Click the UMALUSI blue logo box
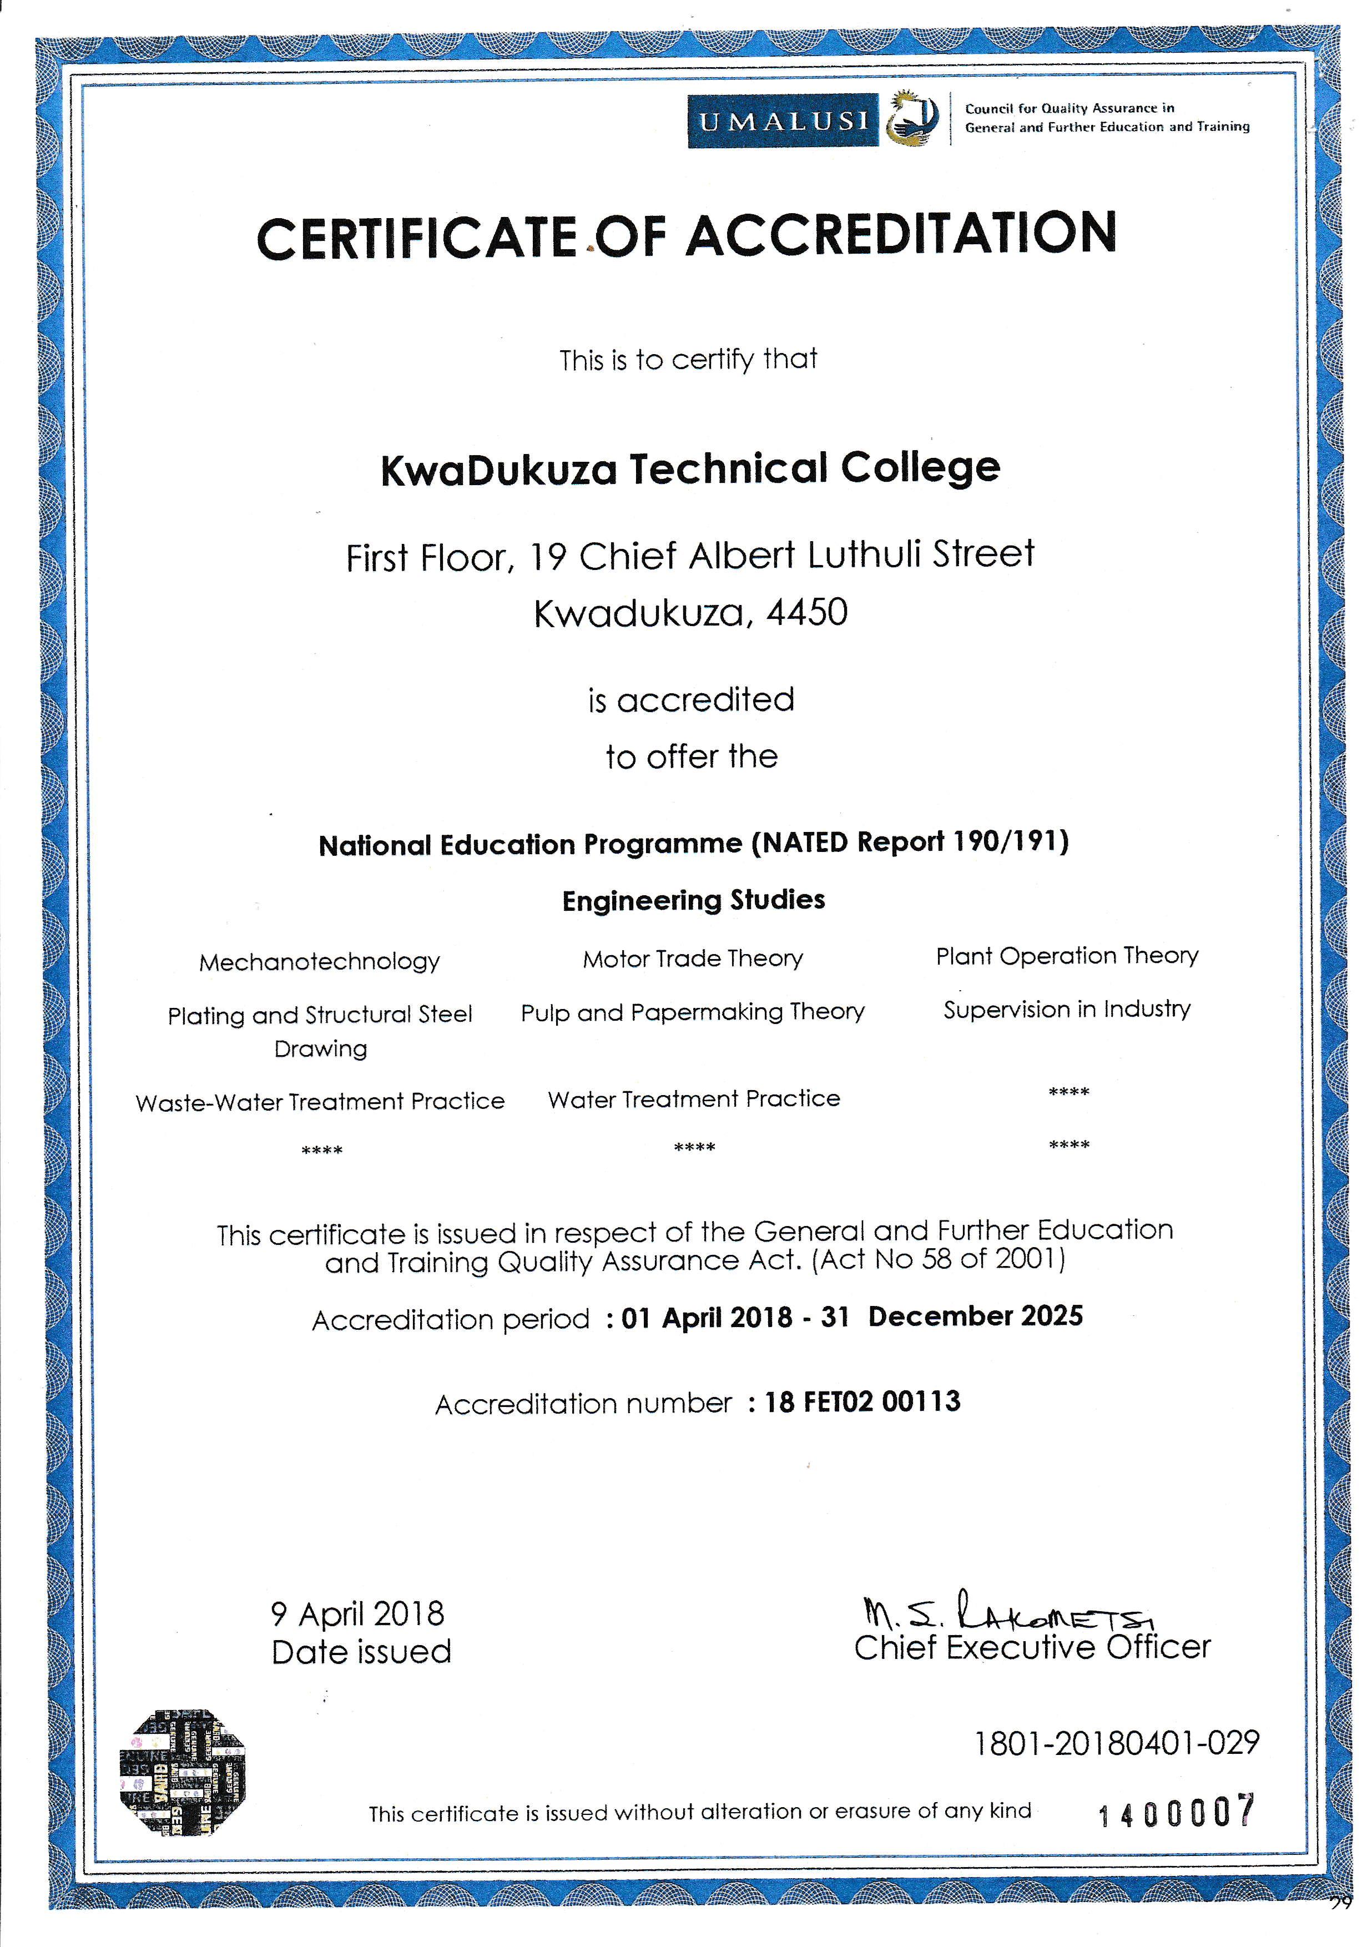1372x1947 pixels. point(783,121)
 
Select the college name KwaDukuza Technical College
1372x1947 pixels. point(690,470)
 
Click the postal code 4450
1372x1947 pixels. point(806,612)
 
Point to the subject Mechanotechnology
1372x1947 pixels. point(320,962)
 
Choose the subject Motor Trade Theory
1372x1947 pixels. point(693,958)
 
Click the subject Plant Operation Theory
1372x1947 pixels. point(1067,956)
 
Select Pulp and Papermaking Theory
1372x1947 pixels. point(693,1012)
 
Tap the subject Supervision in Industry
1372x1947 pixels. point(1067,1009)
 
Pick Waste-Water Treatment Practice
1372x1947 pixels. point(320,1102)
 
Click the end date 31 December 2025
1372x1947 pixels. point(951,1316)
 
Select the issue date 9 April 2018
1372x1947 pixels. point(357,1613)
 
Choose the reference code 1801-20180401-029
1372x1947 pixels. point(1116,1743)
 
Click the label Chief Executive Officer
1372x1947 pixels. point(1032,1648)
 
